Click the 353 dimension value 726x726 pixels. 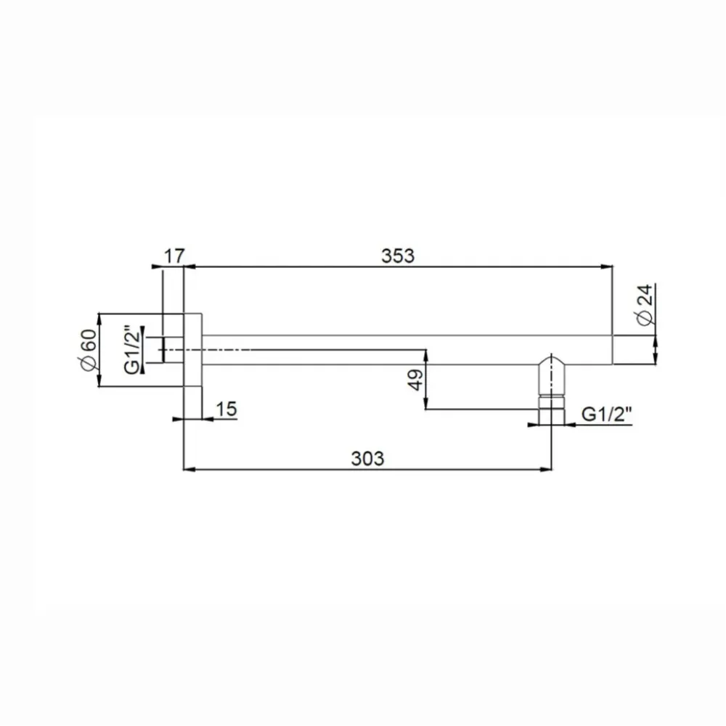[x=398, y=256]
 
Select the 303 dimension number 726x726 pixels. [x=367, y=459]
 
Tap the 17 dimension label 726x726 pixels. [x=174, y=256]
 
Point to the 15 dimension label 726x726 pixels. [x=227, y=409]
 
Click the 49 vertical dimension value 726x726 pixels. [x=416, y=380]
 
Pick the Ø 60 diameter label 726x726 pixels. [x=88, y=350]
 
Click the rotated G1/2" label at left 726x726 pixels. [x=132, y=351]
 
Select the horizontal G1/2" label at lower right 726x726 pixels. [x=606, y=414]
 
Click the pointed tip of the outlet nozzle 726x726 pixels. [x=551, y=354]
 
